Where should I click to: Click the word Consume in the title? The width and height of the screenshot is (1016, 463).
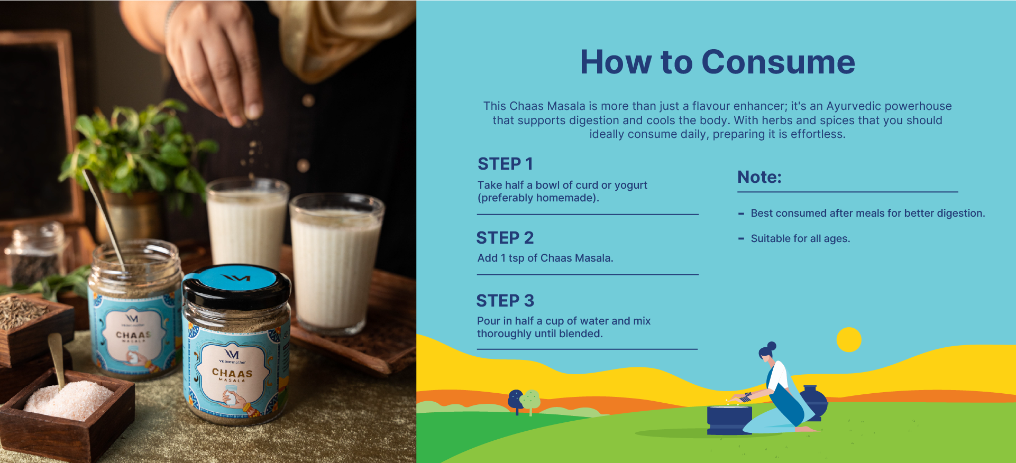coord(778,62)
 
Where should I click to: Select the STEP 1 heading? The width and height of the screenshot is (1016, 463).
coord(505,164)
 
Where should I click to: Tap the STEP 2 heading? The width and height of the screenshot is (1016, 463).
coord(505,238)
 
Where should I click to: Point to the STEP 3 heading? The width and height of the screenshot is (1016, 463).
coord(505,301)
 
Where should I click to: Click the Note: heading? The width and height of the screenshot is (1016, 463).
coord(759,177)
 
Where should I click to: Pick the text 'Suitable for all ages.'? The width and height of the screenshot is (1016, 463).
coord(800,238)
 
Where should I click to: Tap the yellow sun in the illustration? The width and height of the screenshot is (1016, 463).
coord(849,339)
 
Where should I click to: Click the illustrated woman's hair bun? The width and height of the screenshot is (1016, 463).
coord(772,346)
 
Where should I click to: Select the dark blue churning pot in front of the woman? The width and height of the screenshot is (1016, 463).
coord(729,420)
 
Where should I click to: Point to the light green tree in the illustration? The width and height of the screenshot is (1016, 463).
coord(531,401)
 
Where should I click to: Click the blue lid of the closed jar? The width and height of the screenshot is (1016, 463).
coord(237,279)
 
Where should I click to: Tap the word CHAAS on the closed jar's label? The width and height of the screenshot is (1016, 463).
coord(232,373)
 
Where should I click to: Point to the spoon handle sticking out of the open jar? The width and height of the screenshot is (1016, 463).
coord(104,211)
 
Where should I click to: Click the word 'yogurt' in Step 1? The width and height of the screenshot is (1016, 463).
coord(631,186)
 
